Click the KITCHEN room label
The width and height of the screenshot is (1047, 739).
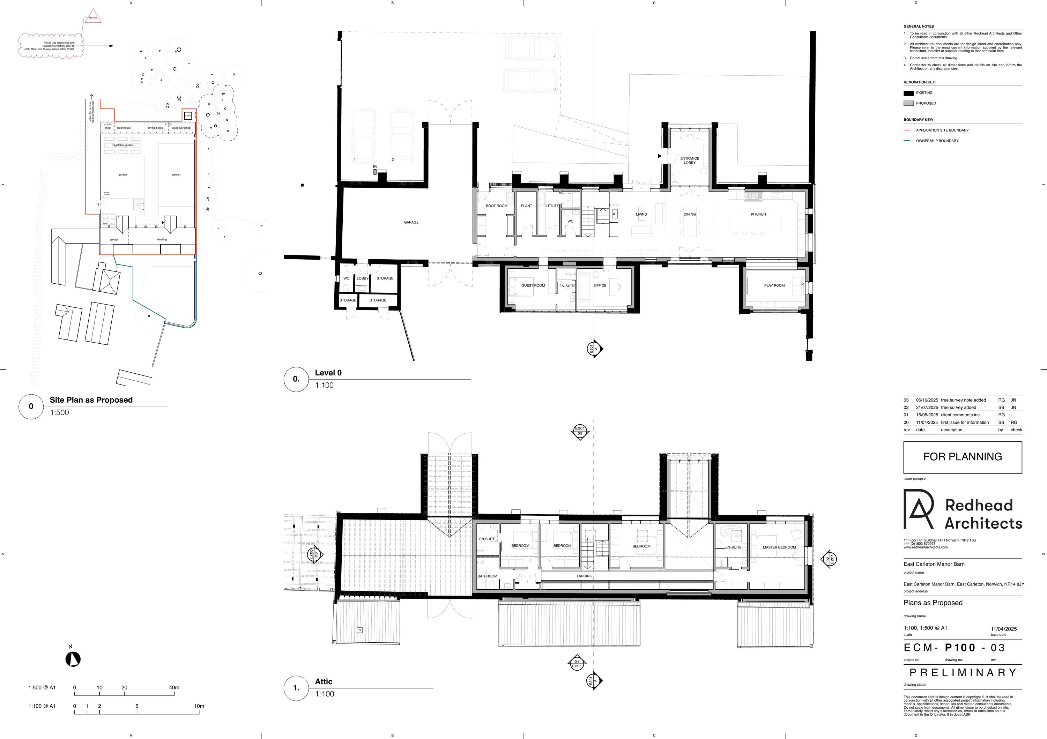click(x=758, y=214)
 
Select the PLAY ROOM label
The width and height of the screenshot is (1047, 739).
click(x=774, y=285)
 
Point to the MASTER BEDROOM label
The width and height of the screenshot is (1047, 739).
click(x=779, y=547)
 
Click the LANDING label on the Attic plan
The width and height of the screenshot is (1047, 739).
click(x=584, y=576)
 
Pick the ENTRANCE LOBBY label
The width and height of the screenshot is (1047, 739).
click(x=690, y=161)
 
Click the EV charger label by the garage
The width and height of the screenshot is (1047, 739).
click(x=375, y=167)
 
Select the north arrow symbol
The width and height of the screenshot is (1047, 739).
click(x=73, y=659)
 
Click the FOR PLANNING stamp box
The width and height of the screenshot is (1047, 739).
click(x=962, y=457)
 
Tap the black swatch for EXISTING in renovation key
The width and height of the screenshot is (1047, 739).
click(x=908, y=93)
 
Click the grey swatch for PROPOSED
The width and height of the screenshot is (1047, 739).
click(x=908, y=104)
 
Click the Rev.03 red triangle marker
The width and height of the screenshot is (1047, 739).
click(x=93, y=17)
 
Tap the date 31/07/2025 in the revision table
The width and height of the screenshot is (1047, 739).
click(x=927, y=408)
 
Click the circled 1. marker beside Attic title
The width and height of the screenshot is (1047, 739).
click(x=296, y=688)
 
